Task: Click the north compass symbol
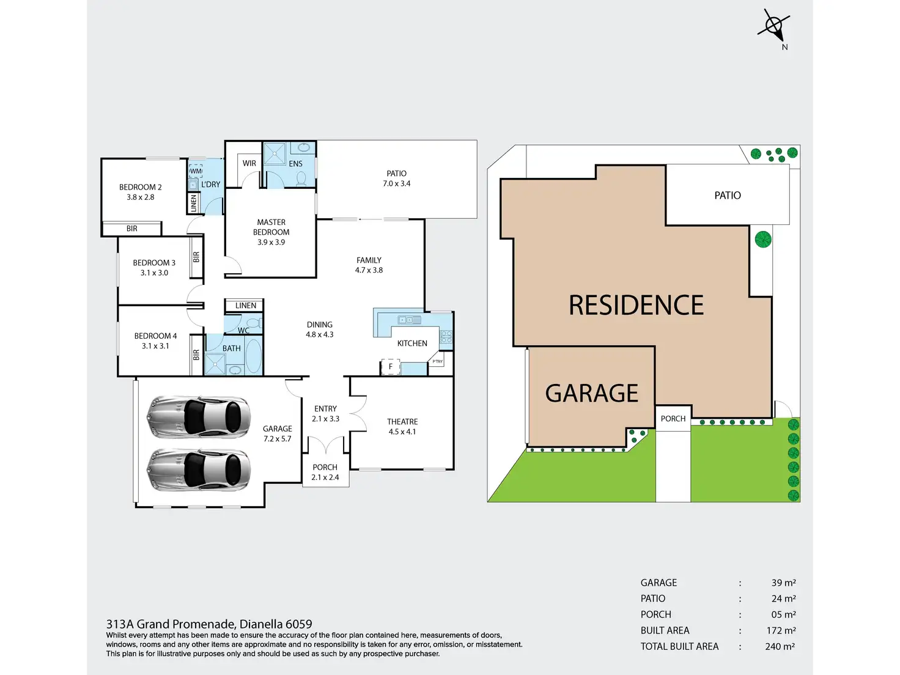tap(774, 26)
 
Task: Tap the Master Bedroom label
tap(271, 227)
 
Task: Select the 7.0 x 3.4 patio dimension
tap(397, 183)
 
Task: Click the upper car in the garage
tap(198, 417)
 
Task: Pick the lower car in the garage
tap(198, 470)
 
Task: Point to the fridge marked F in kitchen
tap(391, 367)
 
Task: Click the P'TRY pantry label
tap(438, 361)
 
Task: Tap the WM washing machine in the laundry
tap(196, 171)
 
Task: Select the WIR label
tap(249, 163)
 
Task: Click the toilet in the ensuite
tap(301, 178)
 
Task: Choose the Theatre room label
tap(402, 422)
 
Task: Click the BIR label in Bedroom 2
tap(132, 229)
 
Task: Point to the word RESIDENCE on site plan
tap(636, 305)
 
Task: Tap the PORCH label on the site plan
tap(673, 419)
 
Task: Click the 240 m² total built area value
tap(780, 646)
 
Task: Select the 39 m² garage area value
tap(783, 583)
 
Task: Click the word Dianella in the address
tap(261, 624)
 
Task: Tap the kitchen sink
tap(409, 320)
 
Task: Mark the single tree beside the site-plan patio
tap(763, 239)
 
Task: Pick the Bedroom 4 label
tap(155, 336)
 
